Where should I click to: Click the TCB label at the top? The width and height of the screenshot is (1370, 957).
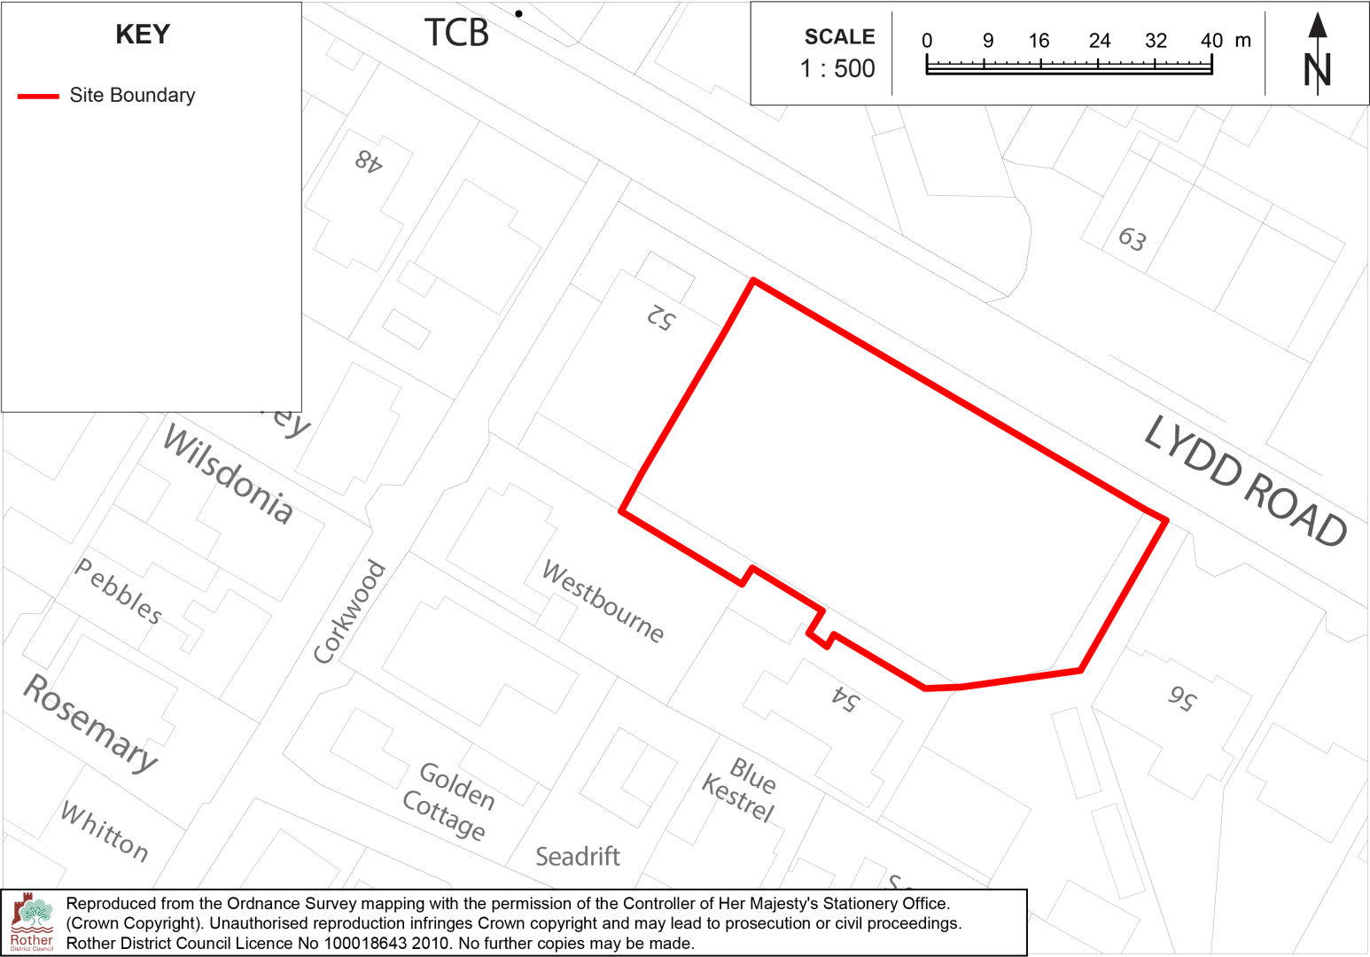[456, 34]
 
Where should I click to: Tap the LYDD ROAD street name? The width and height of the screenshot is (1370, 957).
[1245, 481]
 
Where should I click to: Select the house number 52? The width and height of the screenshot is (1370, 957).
[661, 316]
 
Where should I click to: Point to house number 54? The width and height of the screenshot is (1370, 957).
[845, 699]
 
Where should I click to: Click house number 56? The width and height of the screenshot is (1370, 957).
[1182, 697]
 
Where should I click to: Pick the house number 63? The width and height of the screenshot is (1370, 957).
[1133, 238]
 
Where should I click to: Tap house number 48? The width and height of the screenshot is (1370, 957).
[369, 160]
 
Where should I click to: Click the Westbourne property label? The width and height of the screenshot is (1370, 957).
[603, 601]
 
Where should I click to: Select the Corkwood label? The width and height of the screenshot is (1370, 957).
[350, 611]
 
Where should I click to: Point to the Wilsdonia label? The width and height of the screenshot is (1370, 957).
[228, 475]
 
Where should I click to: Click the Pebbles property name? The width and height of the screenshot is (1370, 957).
[119, 591]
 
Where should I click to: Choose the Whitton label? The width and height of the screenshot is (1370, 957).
[105, 830]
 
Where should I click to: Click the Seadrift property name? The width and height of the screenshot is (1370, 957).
[578, 857]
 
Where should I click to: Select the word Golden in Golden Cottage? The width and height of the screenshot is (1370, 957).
[457, 786]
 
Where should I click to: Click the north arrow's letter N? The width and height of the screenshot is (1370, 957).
[1318, 71]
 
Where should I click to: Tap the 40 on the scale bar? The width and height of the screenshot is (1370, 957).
[1211, 41]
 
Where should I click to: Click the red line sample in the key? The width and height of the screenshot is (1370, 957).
[38, 96]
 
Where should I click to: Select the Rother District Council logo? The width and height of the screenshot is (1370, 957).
[32, 922]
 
